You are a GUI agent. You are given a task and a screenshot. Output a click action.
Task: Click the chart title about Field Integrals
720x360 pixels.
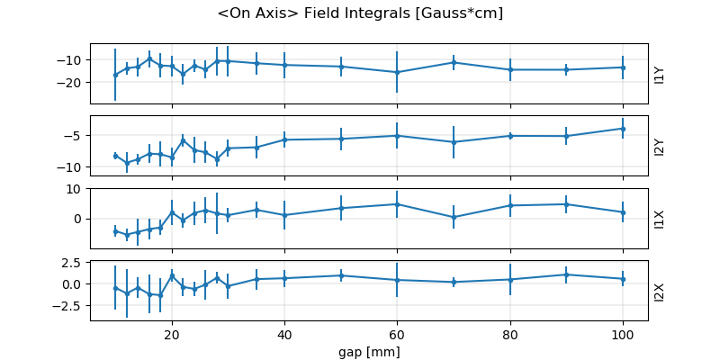coord(360,13)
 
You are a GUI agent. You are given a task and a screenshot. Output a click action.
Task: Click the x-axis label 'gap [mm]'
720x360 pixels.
coord(369,351)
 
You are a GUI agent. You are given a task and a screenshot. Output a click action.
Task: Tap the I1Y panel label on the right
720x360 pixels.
coord(660,74)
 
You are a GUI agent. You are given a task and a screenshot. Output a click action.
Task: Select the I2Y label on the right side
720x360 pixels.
coord(660,146)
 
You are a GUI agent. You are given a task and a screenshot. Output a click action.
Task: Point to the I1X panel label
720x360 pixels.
coord(660,218)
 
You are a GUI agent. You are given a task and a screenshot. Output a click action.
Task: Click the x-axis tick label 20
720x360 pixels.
coord(172,335)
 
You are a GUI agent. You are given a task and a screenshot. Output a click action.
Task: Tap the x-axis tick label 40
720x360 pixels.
coord(284,335)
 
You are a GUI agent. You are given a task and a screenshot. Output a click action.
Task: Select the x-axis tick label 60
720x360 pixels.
coord(397,335)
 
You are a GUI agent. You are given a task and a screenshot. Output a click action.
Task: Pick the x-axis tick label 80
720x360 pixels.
coord(510,335)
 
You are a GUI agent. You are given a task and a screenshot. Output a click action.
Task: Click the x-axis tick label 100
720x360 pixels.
coord(623,335)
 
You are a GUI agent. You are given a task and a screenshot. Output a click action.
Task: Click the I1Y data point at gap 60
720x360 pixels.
coord(397,72)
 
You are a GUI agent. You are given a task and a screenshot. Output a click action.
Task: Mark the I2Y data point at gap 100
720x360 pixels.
coord(623,128)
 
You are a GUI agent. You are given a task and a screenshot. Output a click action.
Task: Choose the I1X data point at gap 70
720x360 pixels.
coord(454,217)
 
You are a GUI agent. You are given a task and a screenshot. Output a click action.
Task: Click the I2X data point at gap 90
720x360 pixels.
coord(566,274)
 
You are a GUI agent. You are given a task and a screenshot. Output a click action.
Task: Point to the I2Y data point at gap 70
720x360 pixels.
coord(454,142)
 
